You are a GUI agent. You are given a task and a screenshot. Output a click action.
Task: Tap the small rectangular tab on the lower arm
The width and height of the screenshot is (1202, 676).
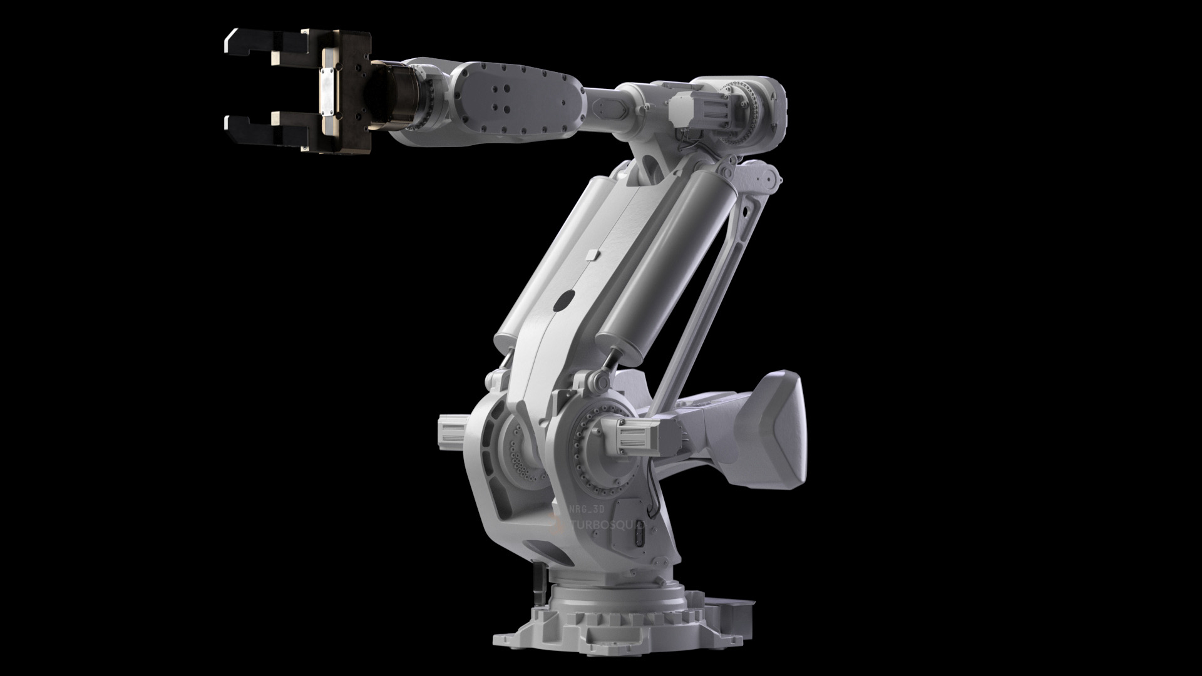point(593,255)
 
